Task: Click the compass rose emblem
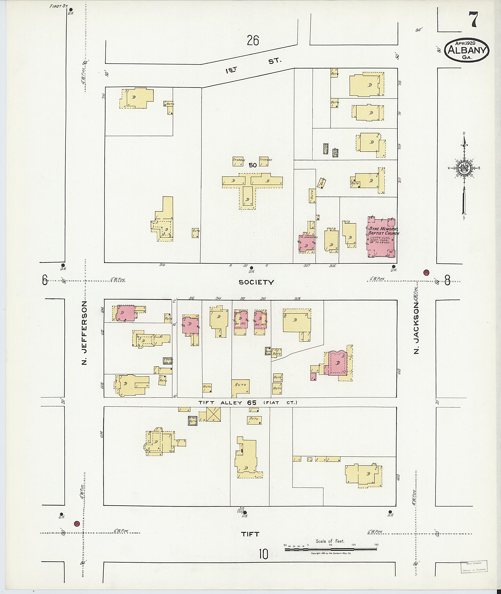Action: pyautogui.click(x=464, y=168)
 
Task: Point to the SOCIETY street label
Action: pyautogui.click(x=256, y=282)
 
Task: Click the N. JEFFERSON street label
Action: pyautogui.click(x=84, y=333)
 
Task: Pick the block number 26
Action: pyautogui.click(x=253, y=41)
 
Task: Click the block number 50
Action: pyautogui.click(x=253, y=165)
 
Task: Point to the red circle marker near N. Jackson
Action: pyautogui.click(x=426, y=273)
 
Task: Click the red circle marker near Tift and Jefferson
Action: pyautogui.click(x=76, y=523)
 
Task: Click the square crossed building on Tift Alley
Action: pyautogui.click(x=214, y=415)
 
